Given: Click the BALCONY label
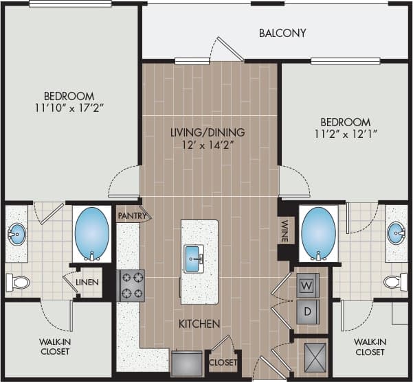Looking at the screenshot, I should coord(282,33).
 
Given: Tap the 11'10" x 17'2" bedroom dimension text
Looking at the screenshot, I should coord(69,108).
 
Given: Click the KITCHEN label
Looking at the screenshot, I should coord(200,323).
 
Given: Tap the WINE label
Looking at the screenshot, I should coord(284,230).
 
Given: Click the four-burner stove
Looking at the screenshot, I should coord(131,285).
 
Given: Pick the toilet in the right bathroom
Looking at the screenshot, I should coord(395,281).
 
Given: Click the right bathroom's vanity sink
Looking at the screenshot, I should coord(396,233).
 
